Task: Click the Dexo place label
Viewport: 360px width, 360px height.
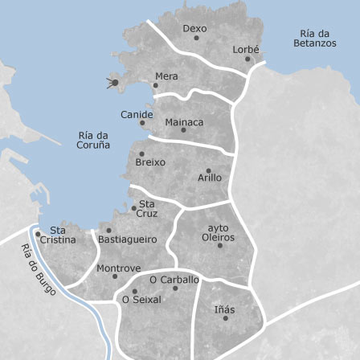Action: click(194, 28)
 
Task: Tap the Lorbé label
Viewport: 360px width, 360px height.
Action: click(246, 49)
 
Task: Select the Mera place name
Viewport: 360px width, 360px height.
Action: click(166, 76)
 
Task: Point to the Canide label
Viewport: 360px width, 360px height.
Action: click(137, 115)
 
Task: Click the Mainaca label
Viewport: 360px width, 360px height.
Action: click(184, 122)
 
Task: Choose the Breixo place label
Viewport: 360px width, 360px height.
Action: click(150, 162)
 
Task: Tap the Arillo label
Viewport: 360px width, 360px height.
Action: click(210, 178)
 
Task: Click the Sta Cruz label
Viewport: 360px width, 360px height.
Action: click(147, 209)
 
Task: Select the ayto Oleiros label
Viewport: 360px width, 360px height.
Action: click(218, 233)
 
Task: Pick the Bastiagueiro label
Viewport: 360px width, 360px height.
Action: click(127, 239)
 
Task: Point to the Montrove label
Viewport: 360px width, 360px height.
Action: click(118, 268)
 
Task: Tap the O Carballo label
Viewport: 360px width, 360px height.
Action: click(174, 280)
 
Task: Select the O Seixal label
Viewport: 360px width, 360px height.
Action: click(141, 300)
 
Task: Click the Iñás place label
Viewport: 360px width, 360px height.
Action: click(225, 309)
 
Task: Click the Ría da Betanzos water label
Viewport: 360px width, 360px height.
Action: click(314, 39)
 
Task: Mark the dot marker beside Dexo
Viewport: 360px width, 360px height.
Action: click(196, 38)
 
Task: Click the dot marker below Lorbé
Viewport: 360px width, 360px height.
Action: click(247, 59)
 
